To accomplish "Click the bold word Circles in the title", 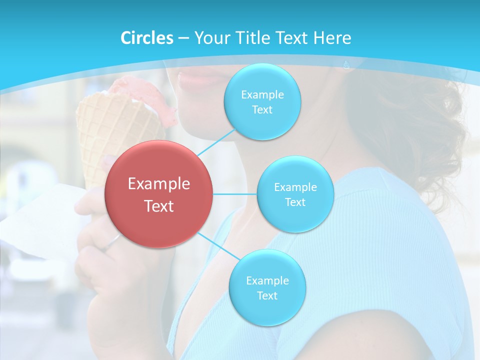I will (146, 38).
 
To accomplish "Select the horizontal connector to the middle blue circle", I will (234, 194).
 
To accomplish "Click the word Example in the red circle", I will (159, 184).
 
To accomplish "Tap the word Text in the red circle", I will (159, 206).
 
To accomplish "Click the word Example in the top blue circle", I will (262, 95).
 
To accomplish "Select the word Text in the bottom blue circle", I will (267, 295).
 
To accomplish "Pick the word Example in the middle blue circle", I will (295, 187).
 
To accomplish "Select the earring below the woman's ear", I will (346, 64).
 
